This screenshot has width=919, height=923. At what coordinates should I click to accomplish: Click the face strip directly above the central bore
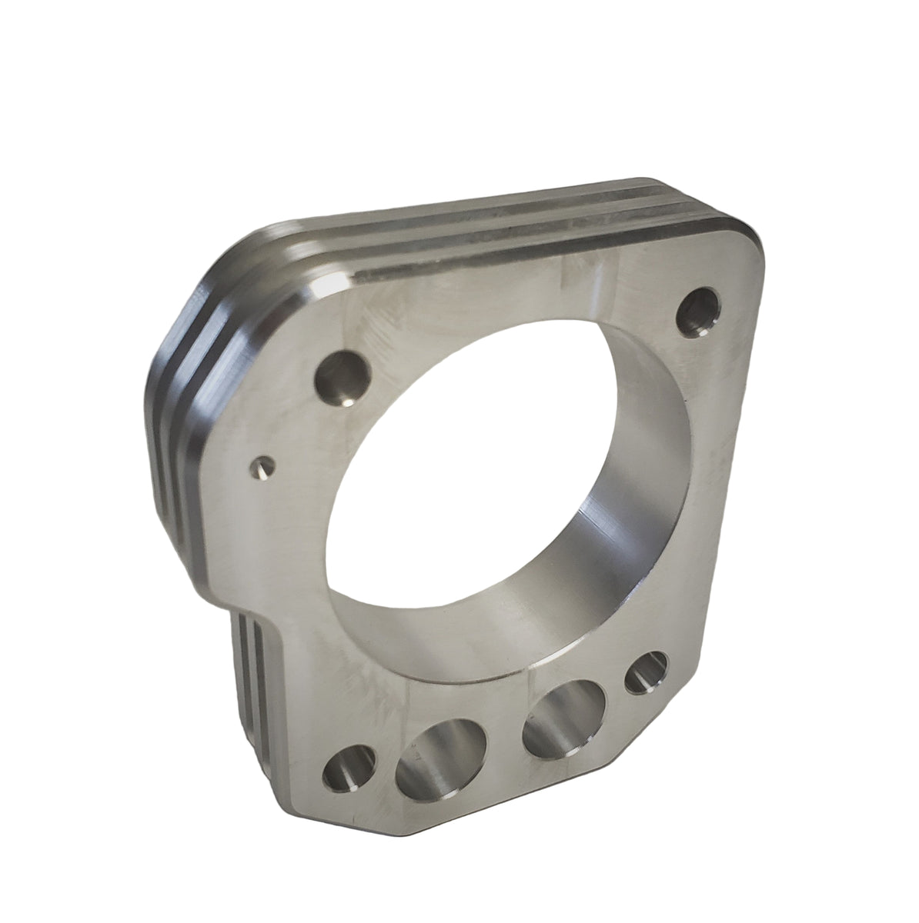point(500,308)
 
